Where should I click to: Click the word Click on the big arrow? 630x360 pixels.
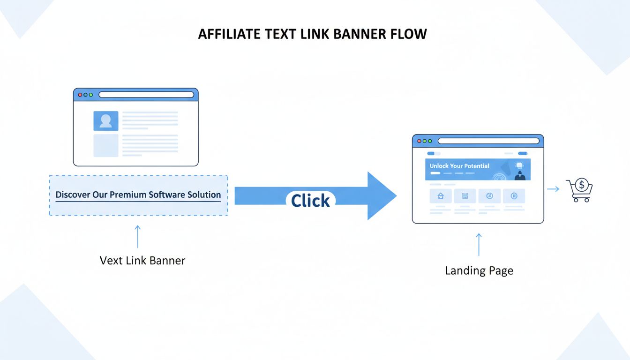[x=310, y=201]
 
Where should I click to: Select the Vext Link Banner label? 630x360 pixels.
[x=142, y=261]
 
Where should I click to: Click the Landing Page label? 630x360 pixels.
[x=479, y=270]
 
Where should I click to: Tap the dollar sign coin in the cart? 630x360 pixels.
[x=582, y=185]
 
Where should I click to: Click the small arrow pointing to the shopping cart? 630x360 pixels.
[x=553, y=189]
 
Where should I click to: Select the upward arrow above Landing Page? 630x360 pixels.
[x=479, y=244]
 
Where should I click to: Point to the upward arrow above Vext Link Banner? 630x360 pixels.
[x=137, y=236]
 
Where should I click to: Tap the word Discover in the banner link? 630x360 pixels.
[x=73, y=195]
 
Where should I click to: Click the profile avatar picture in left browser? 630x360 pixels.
[x=106, y=121]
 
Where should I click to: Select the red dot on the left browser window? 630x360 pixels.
[x=80, y=95]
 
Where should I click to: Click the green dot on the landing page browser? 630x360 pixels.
[x=430, y=141]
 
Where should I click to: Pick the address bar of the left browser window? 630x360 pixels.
[x=146, y=95]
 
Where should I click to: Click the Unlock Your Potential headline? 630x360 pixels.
[x=459, y=166]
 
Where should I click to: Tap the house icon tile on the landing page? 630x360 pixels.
[x=440, y=196]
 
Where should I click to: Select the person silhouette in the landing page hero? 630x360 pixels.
[x=519, y=175]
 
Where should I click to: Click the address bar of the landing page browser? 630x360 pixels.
[x=488, y=141]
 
